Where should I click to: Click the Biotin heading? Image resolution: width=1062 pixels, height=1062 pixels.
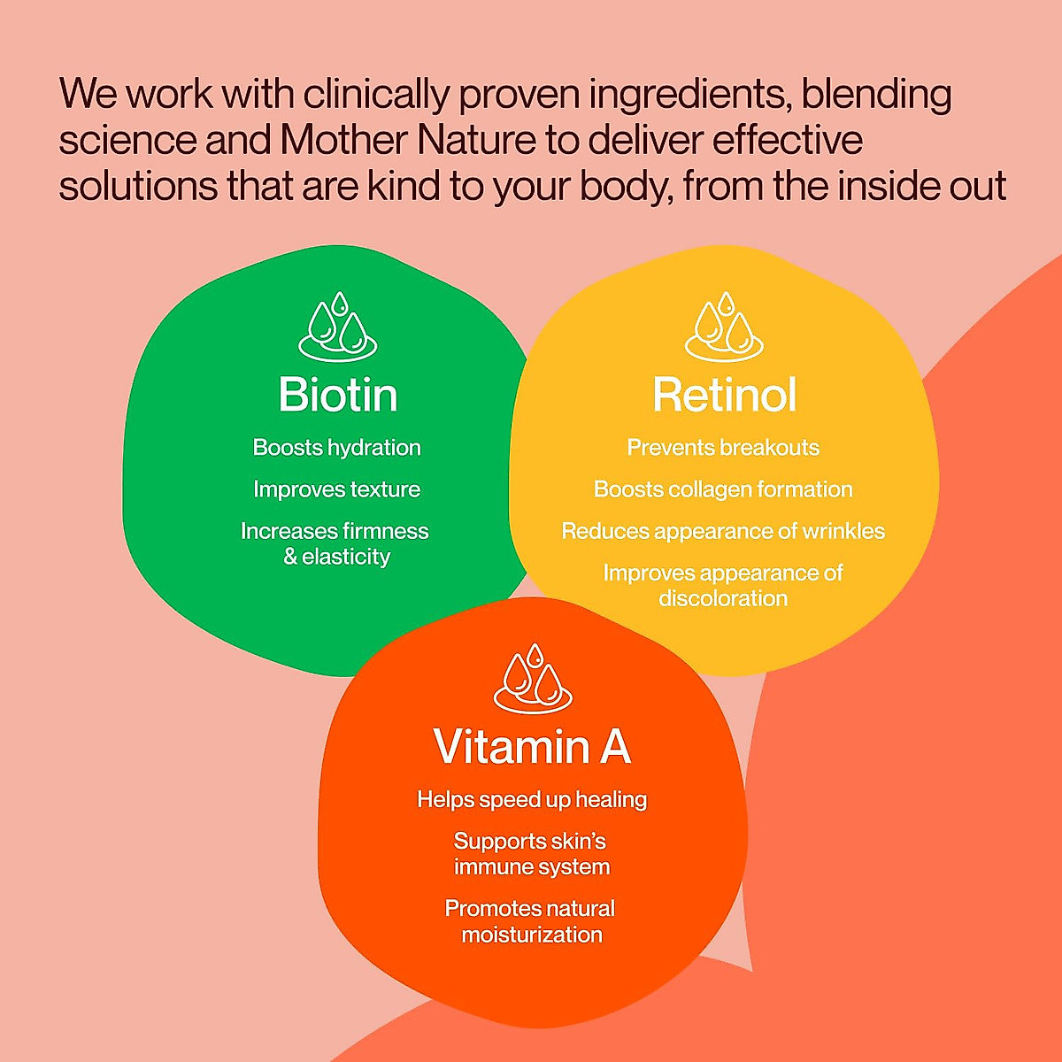(x=337, y=395)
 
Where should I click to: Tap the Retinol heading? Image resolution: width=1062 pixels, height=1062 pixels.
(x=724, y=395)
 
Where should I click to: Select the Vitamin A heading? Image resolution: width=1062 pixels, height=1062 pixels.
(x=532, y=747)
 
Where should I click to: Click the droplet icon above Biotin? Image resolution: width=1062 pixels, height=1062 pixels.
(x=337, y=327)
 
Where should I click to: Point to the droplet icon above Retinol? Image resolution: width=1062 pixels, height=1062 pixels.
(x=724, y=327)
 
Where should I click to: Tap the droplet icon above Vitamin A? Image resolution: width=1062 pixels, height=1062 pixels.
(x=533, y=679)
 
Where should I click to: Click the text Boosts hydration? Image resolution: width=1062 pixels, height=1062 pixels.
(x=337, y=448)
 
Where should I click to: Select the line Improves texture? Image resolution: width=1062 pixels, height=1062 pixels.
(x=337, y=489)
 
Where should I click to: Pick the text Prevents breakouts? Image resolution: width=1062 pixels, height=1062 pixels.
(x=723, y=448)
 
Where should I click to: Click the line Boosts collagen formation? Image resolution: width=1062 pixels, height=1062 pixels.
(x=723, y=489)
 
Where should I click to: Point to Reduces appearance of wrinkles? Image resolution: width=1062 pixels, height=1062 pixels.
(x=723, y=531)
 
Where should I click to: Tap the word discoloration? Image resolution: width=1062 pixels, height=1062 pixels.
(x=723, y=599)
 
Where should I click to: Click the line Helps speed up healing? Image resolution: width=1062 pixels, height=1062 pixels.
(x=532, y=800)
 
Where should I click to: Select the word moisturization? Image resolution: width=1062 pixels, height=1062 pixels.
(x=532, y=935)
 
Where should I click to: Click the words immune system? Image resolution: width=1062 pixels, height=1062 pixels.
(x=532, y=867)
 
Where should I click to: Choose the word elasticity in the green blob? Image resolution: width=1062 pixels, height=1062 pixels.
(x=346, y=557)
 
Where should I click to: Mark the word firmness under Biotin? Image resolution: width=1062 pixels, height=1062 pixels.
(x=385, y=531)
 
